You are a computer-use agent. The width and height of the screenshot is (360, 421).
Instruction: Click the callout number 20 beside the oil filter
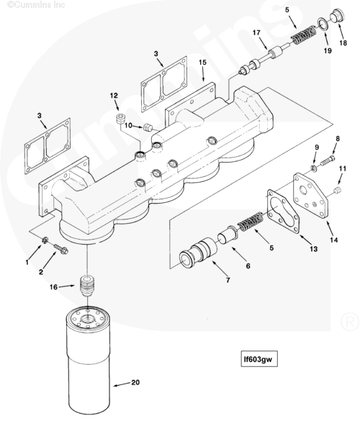point(135,382)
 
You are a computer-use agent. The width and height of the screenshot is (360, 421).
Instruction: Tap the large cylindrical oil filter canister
point(88,360)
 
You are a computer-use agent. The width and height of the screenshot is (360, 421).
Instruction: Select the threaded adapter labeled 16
point(86,286)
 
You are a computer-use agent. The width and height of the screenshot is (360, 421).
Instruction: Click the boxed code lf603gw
point(259,358)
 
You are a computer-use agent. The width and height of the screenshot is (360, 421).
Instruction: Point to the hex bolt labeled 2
point(61,249)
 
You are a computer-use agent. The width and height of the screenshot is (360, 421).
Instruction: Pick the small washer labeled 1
point(45,240)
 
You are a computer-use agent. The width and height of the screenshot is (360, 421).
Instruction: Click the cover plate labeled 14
point(311,196)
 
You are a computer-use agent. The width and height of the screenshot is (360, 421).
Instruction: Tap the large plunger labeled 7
point(198,253)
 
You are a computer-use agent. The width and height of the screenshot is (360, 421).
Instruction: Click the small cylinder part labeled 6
point(228,235)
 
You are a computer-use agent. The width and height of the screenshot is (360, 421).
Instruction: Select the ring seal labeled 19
point(323,24)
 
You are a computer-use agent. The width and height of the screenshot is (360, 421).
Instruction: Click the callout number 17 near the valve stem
point(256,32)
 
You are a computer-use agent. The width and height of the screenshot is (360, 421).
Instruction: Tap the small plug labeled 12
point(120,119)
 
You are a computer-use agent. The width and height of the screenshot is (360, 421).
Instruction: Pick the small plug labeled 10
point(148,127)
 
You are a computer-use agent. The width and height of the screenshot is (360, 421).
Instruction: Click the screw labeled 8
point(328,160)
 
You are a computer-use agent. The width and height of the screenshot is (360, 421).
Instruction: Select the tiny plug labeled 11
point(338,190)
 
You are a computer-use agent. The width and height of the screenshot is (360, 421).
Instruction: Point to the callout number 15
point(202,63)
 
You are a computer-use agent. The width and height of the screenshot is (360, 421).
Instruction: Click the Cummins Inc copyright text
point(36,4)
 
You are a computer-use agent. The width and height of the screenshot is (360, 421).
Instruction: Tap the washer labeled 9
point(314,168)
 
